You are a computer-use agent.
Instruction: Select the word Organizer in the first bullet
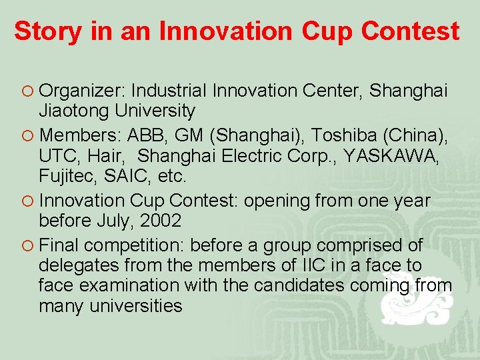[x=83, y=91]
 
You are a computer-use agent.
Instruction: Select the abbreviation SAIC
[x=126, y=177]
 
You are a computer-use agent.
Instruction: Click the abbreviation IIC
[x=314, y=265]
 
